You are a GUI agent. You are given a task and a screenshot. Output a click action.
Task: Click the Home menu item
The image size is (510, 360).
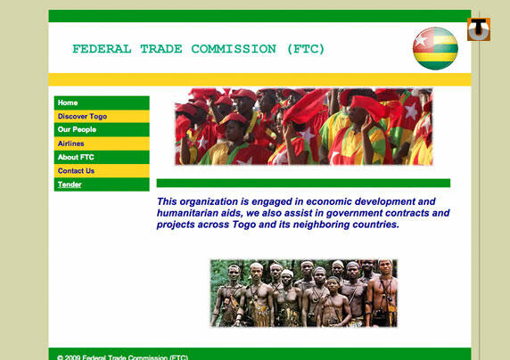[68, 102]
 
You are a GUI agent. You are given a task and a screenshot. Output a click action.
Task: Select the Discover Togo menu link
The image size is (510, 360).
[82, 117]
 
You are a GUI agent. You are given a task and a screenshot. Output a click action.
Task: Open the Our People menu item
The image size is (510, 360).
[77, 129]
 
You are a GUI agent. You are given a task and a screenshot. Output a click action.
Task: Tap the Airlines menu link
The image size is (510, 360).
[71, 143]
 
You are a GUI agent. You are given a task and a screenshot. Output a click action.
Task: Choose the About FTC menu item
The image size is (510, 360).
[76, 157]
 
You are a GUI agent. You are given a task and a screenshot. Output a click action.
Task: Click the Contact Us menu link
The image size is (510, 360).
[76, 171]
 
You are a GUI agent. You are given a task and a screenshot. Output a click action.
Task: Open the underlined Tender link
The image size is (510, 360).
[70, 184]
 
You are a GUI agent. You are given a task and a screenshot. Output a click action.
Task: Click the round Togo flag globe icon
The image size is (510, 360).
[435, 48]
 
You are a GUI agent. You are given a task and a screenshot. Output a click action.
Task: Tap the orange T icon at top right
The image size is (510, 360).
[479, 29]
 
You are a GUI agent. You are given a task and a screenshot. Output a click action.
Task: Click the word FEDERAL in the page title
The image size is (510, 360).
[102, 49]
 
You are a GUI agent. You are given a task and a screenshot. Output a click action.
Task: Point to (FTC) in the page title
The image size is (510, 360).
[306, 49]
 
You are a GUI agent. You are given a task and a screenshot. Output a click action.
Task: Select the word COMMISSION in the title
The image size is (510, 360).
[234, 49]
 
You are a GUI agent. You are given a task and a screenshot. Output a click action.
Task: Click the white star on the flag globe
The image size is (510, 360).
[421, 41]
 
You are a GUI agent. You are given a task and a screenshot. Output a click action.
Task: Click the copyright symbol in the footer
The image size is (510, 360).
[60, 357]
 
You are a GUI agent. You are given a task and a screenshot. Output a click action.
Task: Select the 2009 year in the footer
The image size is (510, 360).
[72, 357]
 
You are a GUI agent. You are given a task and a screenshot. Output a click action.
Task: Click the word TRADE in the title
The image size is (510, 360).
[161, 49]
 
